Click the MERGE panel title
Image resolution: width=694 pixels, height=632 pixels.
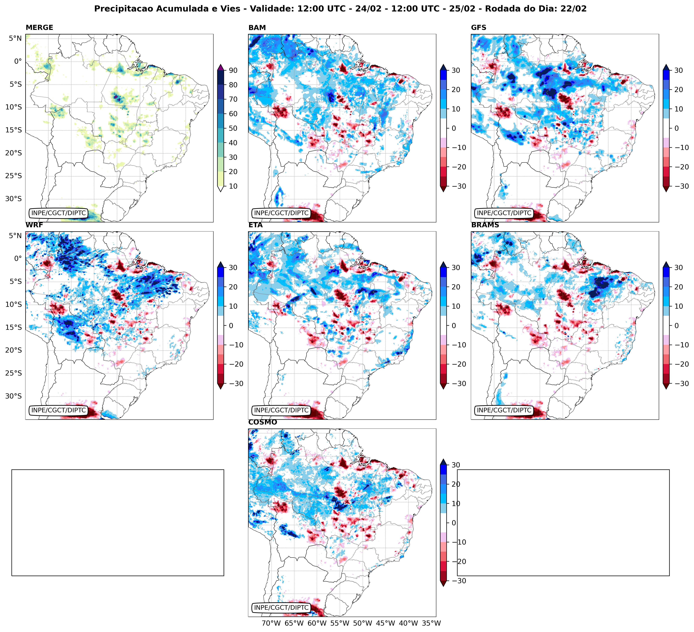pyautogui.click(x=39, y=28)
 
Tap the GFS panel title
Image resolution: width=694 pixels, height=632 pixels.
pyautogui.click(x=478, y=28)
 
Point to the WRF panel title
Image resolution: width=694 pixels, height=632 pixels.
pyautogui.click(x=34, y=225)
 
